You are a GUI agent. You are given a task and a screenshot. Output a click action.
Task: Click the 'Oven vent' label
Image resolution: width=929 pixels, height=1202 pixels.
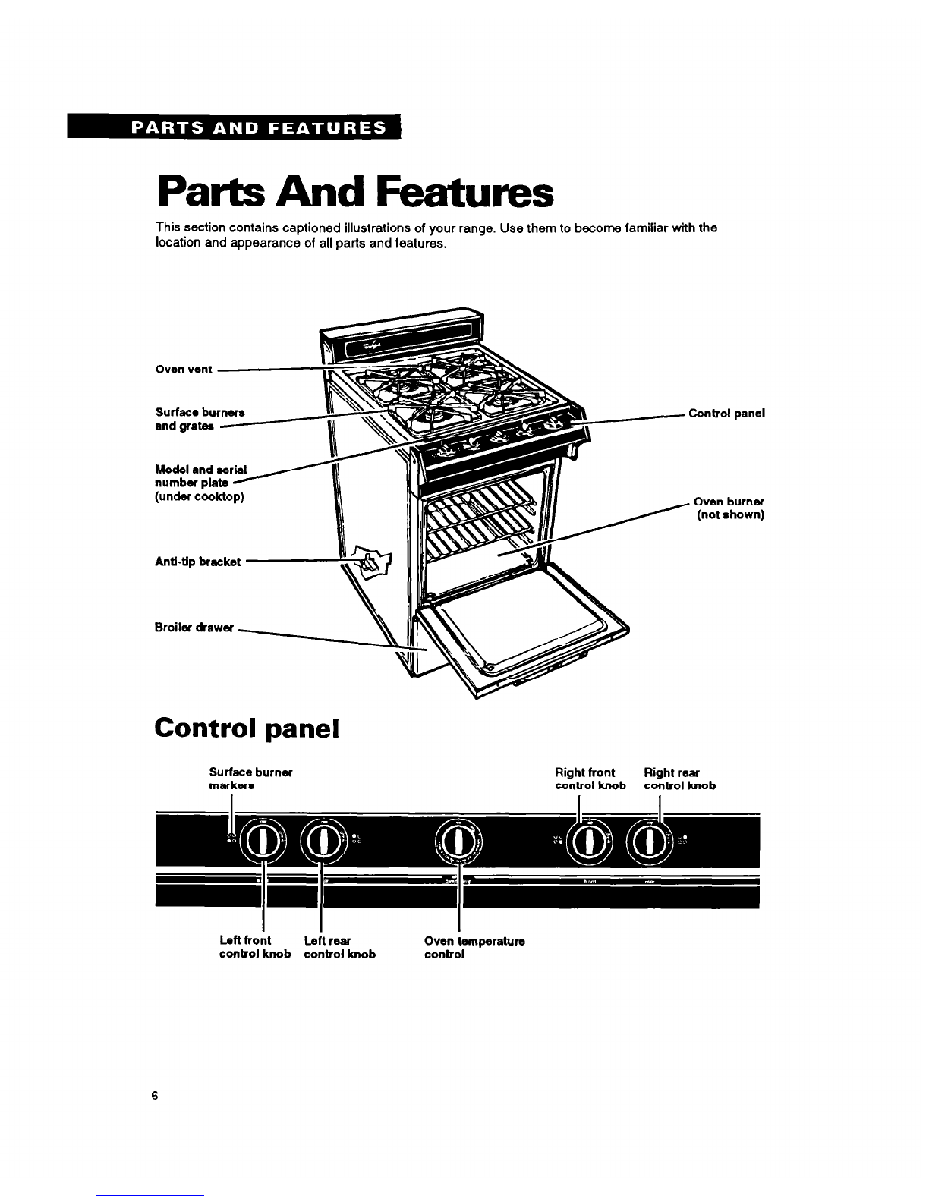tap(177, 370)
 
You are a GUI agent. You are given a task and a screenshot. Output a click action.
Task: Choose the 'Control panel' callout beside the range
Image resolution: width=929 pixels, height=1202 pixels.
tap(726, 414)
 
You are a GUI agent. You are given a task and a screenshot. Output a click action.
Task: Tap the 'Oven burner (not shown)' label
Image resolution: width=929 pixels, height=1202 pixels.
tap(729, 508)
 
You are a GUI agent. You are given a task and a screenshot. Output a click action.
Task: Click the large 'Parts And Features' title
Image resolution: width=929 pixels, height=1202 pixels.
tap(351, 194)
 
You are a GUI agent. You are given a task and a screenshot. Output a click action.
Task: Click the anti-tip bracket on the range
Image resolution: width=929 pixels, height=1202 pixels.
tap(370, 561)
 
